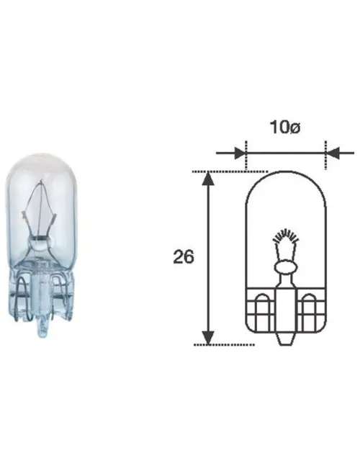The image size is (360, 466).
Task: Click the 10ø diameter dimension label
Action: tap(285, 127)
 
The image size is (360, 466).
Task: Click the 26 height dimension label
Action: tap(184, 257)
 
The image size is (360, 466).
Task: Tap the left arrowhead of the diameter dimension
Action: tap(240, 153)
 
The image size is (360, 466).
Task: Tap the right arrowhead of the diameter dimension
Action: tap(332, 153)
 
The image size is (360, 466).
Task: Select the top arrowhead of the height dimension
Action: tap(208, 179)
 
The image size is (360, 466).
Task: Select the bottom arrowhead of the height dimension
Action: tap(208, 338)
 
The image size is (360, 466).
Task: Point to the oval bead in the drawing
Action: tap(286, 267)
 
